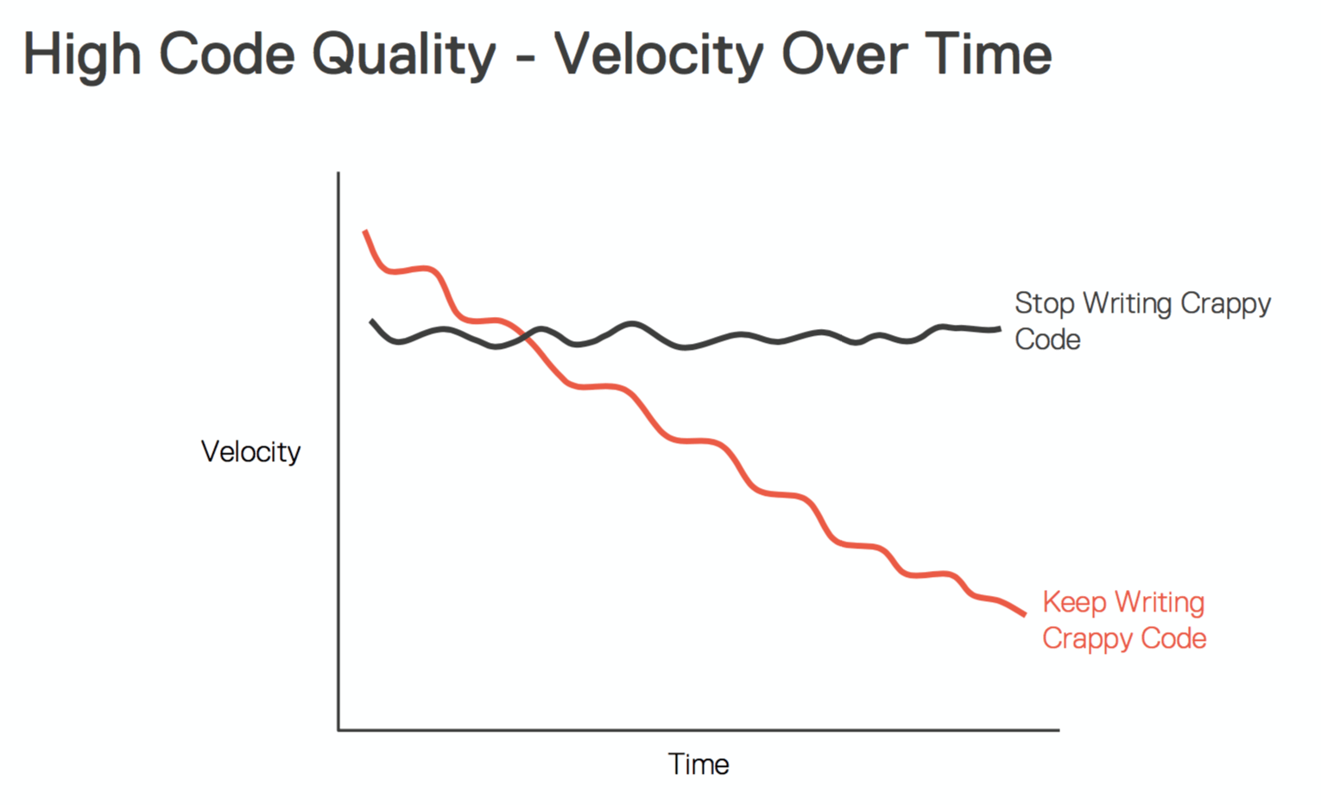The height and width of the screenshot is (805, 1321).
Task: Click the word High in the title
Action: click(81, 55)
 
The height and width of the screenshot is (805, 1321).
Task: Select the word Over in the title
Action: click(843, 55)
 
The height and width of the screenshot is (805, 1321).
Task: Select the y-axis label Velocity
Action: click(250, 452)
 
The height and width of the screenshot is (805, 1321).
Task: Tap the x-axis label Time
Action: click(698, 764)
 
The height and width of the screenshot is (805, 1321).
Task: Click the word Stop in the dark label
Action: click(1045, 304)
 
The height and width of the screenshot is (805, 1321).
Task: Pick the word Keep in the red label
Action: click(1074, 602)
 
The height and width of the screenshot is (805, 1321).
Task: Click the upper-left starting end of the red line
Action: click(365, 231)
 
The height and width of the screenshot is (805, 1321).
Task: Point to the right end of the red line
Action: click(1025, 614)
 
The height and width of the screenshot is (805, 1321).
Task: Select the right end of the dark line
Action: click(1000, 328)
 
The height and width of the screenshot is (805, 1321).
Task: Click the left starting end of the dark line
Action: click(371, 320)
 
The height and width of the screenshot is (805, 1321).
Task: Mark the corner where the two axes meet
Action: click(338, 730)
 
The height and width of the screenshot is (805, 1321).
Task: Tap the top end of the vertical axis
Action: click(338, 174)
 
